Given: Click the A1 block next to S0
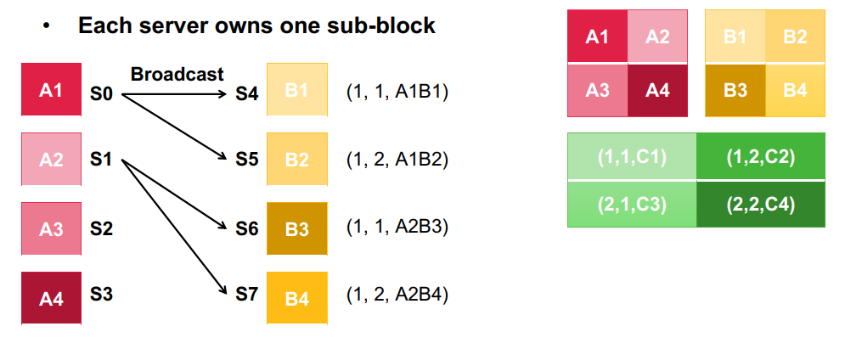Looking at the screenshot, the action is (x=51, y=89).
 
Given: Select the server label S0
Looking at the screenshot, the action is (x=101, y=95).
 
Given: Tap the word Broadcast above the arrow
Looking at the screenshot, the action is (x=177, y=74).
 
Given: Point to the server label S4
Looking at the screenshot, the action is (x=246, y=95).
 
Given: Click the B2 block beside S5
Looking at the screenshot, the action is (x=297, y=160).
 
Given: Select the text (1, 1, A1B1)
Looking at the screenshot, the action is (x=397, y=93).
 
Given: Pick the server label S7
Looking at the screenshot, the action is (x=246, y=295).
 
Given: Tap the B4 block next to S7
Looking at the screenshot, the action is (x=297, y=298).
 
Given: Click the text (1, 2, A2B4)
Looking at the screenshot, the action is (x=397, y=295).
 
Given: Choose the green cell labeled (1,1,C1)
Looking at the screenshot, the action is (x=632, y=156).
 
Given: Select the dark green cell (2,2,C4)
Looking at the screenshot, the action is (x=760, y=205).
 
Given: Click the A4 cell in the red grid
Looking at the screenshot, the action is (x=657, y=90).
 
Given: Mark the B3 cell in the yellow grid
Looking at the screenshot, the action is (x=735, y=90).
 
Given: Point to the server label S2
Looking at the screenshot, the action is (x=101, y=229).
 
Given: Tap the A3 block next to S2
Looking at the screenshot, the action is (x=51, y=228).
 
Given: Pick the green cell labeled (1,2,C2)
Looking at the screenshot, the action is (x=760, y=156).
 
